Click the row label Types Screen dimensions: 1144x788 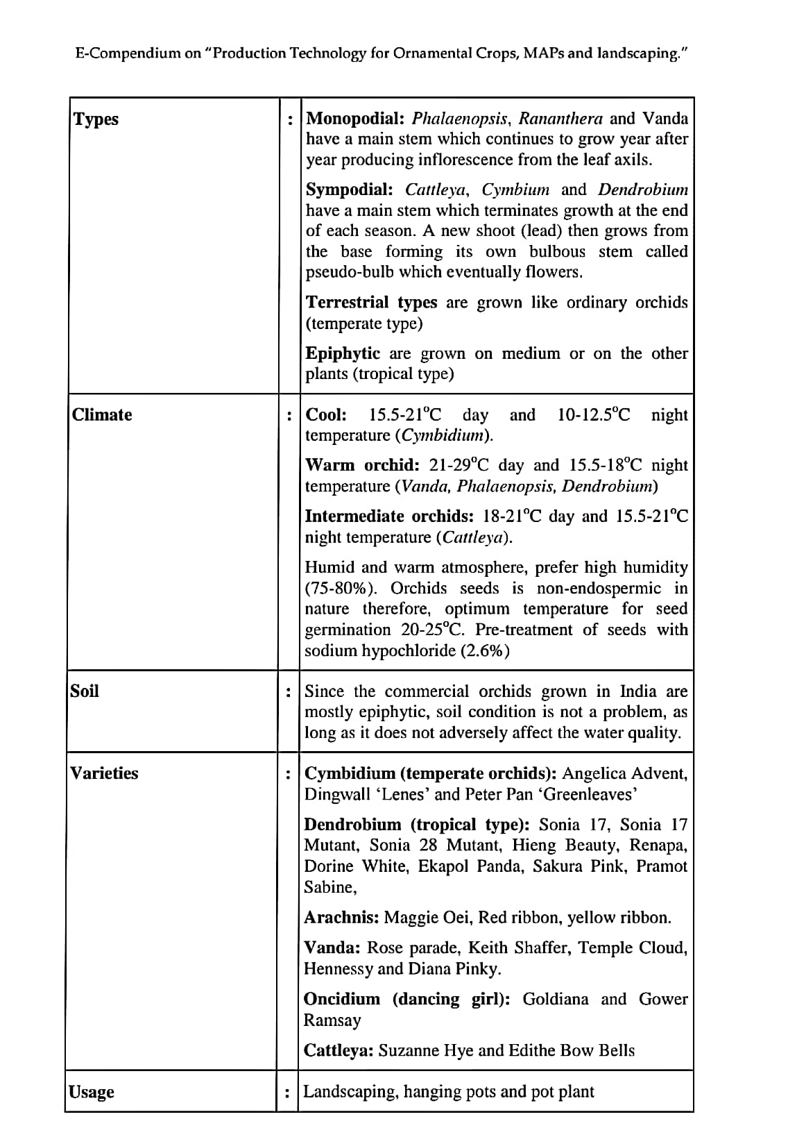(96, 119)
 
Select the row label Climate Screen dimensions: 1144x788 (102, 414)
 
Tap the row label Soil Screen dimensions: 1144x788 (85, 691)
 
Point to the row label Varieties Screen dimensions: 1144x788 (104, 773)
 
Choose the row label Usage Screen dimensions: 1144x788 (92, 1092)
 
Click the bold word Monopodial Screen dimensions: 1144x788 (356, 119)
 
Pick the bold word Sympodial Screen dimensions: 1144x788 (350, 190)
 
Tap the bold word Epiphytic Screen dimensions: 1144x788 (343, 353)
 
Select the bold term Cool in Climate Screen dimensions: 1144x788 (326, 415)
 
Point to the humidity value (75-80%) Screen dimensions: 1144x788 (343, 589)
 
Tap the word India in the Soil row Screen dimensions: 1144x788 (638, 691)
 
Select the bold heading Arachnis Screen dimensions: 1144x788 (341, 918)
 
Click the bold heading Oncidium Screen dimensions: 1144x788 (342, 1000)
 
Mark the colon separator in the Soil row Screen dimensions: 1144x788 (288, 691)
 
